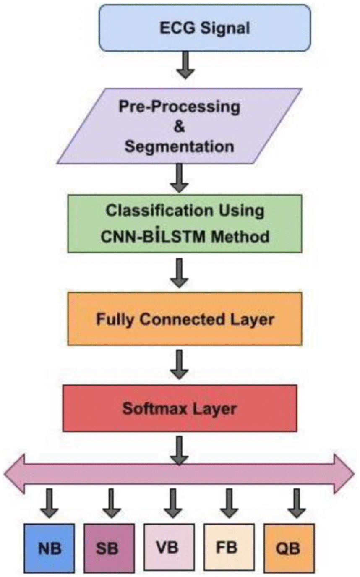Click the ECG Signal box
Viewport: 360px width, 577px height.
(205, 28)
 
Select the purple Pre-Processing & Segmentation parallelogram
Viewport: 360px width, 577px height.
(180, 126)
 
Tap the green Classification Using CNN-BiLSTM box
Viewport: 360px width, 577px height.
(185, 223)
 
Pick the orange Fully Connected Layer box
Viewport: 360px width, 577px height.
(185, 319)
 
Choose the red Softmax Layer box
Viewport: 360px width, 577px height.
(180, 408)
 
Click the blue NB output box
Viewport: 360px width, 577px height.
(49, 548)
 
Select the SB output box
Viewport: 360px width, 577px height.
(109, 548)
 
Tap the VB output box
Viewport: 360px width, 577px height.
(169, 547)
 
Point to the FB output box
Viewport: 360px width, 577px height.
(229, 547)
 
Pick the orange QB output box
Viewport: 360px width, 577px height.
(289, 548)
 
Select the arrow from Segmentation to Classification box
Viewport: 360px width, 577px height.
(180, 178)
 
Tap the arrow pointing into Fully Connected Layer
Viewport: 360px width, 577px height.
(180, 273)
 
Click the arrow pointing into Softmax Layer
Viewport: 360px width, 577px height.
(180, 364)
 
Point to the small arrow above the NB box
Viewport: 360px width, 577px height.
(49, 504)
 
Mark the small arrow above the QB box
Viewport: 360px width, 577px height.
(297, 504)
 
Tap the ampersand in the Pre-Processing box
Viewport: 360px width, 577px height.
(180, 127)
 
